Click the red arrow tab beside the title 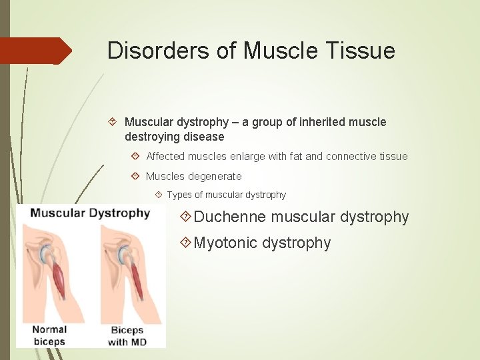tap(36, 51)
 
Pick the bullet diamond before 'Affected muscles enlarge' tap(135, 157)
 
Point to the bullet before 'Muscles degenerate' tap(135, 177)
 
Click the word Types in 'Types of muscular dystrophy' tap(179, 195)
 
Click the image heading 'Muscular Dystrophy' tap(91, 213)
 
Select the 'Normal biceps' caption tap(50, 335)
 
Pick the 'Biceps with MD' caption tap(127, 335)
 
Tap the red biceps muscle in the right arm tap(136, 280)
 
